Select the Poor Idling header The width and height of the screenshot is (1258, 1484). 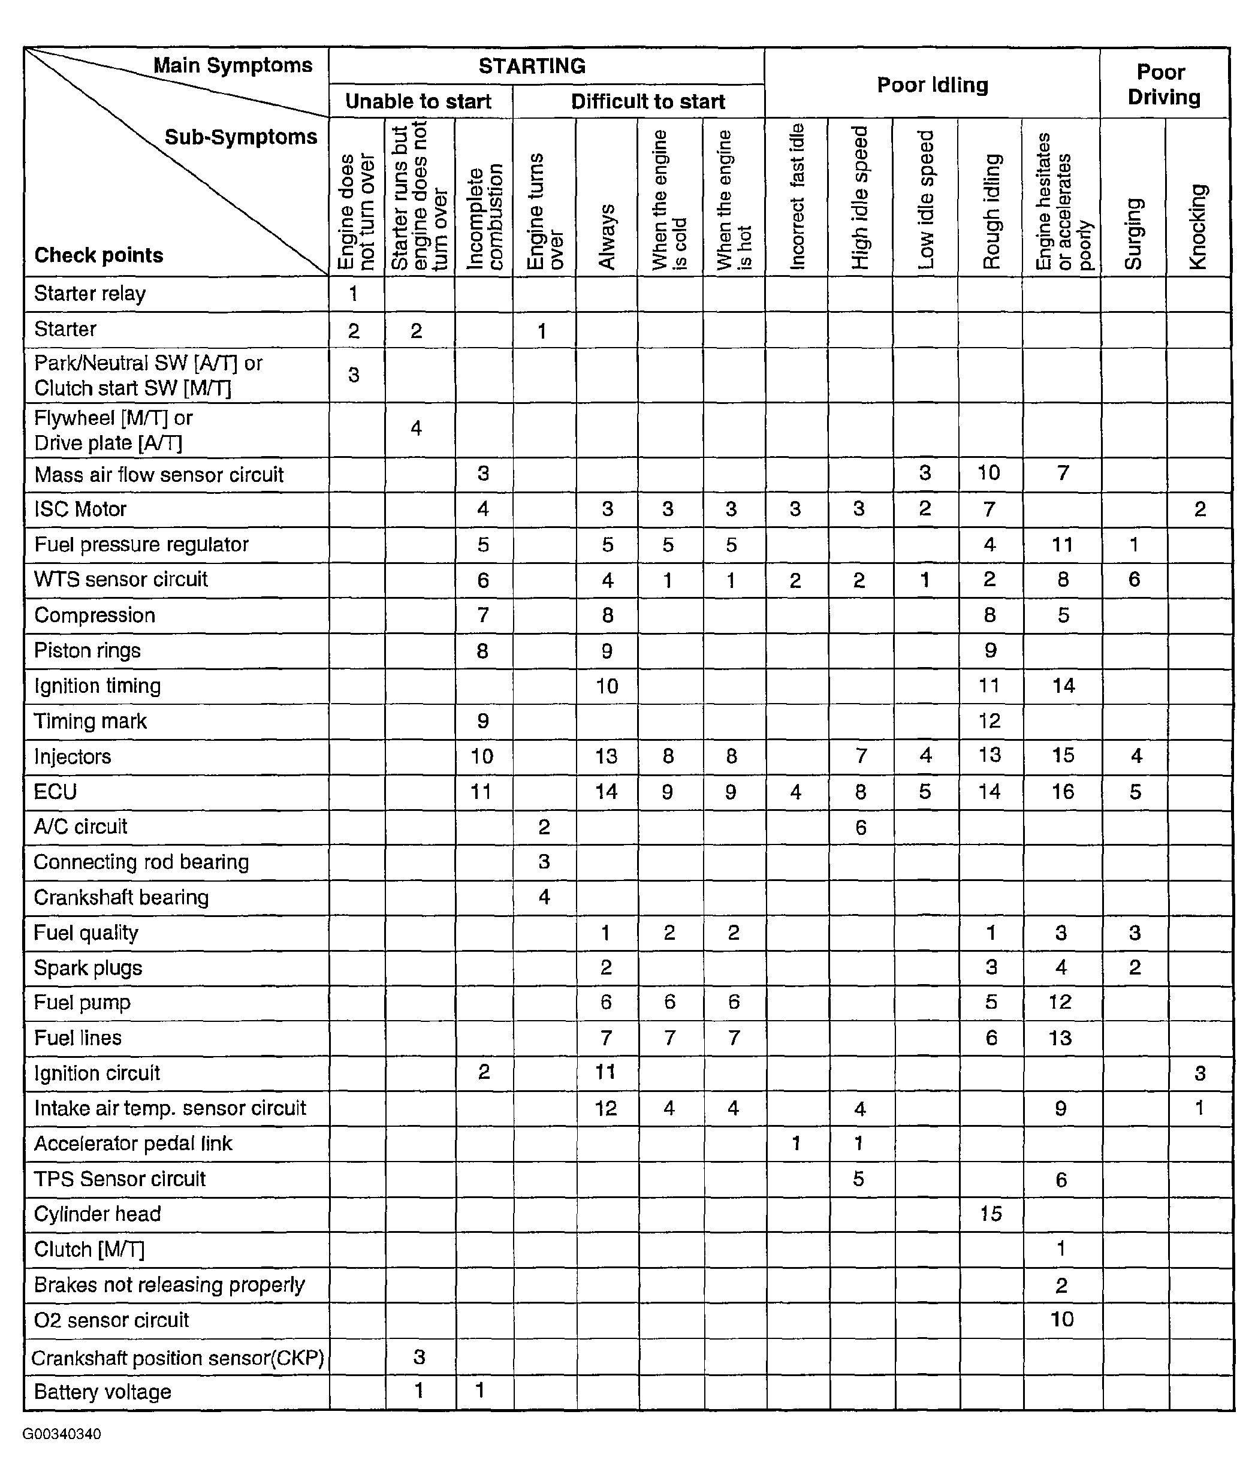932,85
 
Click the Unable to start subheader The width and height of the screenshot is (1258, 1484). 418,101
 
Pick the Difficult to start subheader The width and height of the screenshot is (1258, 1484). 647,101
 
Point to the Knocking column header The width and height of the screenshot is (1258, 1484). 1198,227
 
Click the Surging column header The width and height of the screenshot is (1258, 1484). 1133,233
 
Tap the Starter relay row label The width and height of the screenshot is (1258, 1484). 90,294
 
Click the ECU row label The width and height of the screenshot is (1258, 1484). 55,792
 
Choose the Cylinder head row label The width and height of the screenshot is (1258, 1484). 97,1214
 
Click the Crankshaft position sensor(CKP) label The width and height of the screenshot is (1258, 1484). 177,1358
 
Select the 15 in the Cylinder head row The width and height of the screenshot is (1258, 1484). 991,1214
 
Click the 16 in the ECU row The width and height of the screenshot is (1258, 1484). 1063,792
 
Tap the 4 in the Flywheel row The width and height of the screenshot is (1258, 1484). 416,428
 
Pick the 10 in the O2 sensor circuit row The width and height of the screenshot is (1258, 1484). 1062,1319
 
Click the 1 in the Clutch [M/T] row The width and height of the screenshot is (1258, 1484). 1061,1248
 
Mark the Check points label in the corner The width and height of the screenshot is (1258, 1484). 98,255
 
